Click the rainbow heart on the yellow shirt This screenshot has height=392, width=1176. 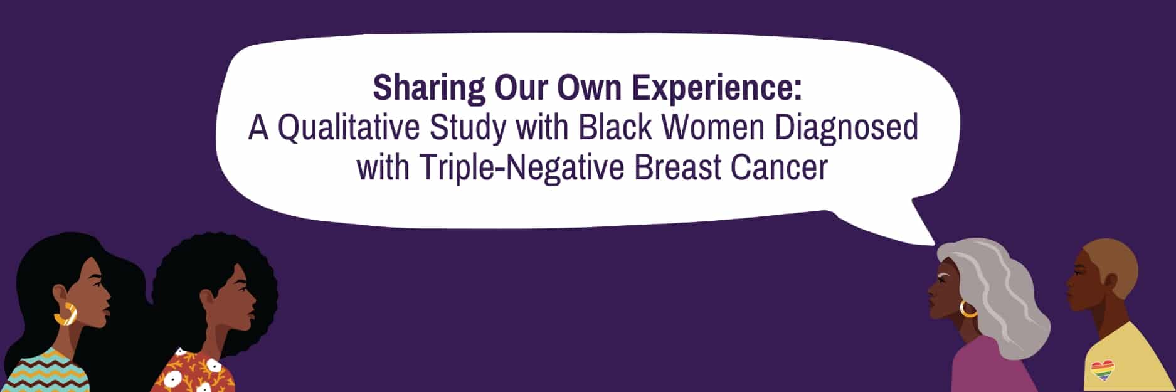(x=1102, y=370)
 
